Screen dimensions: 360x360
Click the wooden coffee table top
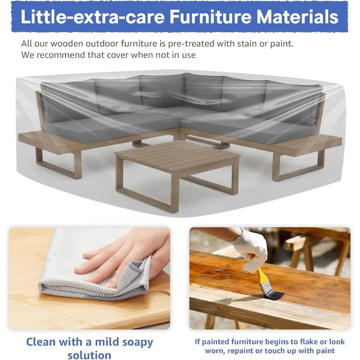tap(177, 154)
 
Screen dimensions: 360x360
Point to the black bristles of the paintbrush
tap(274, 294)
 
